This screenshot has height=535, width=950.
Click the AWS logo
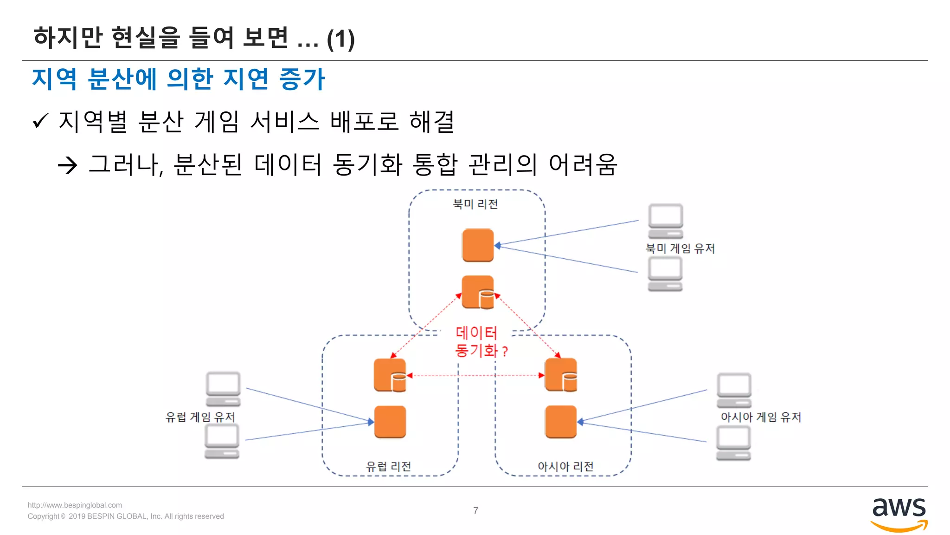click(x=899, y=513)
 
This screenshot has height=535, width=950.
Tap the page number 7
click(x=475, y=510)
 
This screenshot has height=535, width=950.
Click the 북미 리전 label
click(x=475, y=204)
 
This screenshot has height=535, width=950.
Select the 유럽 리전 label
click(x=389, y=466)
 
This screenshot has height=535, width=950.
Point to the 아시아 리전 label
click(x=565, y=466)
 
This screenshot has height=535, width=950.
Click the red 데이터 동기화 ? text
click(x=480, y=341)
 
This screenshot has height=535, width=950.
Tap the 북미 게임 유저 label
click(x=680, y=248)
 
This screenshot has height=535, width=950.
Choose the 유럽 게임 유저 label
click(x=200, y=417)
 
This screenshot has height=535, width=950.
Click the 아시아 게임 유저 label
click(x=761, y=417)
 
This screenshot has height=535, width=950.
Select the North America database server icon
click(x=478, y=292)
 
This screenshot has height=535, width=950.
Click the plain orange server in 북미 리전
click(x=478, y=245)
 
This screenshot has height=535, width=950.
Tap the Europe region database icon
click(x=390, y=375)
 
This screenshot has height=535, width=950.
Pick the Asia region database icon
click(x=561, y=375)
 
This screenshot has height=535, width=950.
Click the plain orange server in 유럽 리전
click(x=390, y=422)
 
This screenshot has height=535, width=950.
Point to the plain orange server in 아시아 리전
click(x=561, y=422)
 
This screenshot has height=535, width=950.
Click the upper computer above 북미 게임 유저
click(x=666, y=221)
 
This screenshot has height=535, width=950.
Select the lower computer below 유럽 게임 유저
click(x=222, y=441)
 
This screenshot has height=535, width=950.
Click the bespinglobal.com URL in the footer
click(x=75, y=505)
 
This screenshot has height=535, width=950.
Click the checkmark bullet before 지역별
click(x=41, y=122)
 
